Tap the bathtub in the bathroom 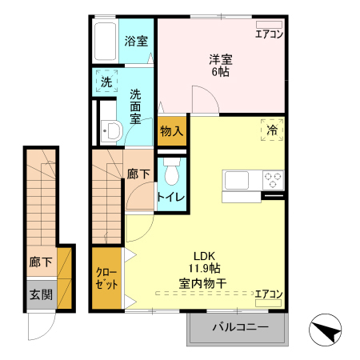point(105,40)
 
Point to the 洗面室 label point(136,104)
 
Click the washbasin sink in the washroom point(111,131)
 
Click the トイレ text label point(171,198)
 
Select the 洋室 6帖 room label point(220,64)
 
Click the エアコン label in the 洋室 point(269,34)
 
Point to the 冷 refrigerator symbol point(272,129)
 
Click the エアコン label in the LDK point(269,294)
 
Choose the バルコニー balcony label point(238,326)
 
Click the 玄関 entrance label point(41,294)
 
